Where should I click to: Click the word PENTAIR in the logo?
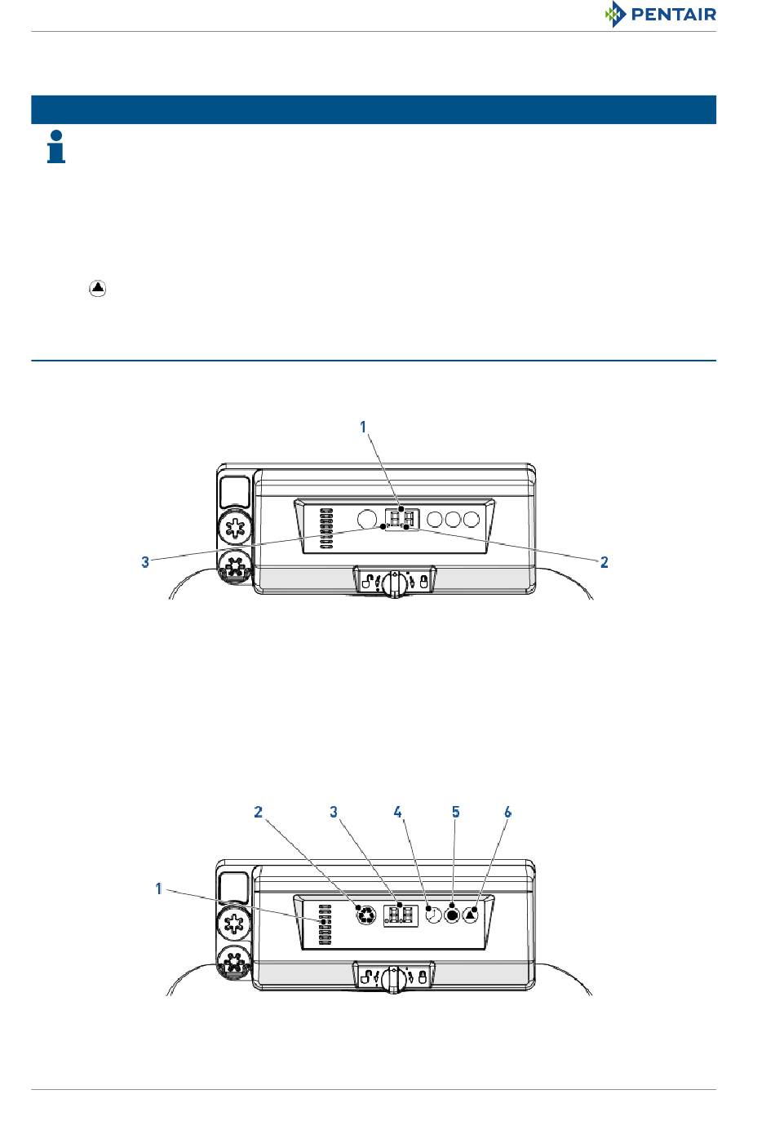pos(673,14)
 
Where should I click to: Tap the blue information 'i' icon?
pos(56,147)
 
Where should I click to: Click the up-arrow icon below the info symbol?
pos(98,288)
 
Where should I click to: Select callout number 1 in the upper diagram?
pos(363,427)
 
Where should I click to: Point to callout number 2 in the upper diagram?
pos(604,562)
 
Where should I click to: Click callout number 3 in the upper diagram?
pos(145,562)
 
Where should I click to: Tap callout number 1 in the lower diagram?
pos(158,888)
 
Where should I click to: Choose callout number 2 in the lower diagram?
pos(258,812)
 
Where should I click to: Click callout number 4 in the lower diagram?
pos(398,812)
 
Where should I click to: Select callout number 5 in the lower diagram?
pos(455,812)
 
